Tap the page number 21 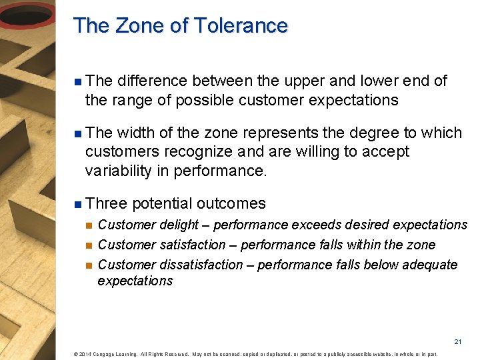[457, 342]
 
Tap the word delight [177, 225]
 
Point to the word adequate [429, 265]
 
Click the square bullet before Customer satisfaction [88, 245]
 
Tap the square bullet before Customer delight [88, 225]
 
